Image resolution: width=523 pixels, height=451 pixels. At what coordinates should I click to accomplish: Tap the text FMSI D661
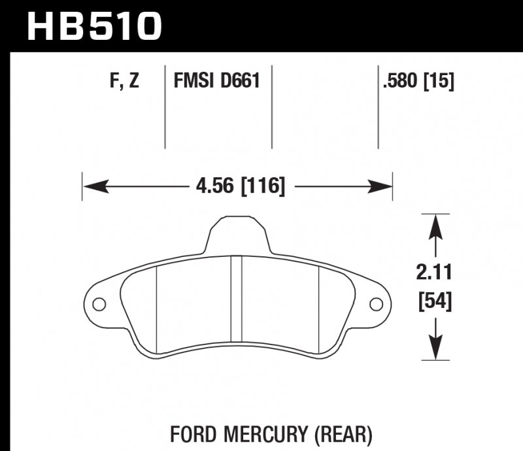coord(216,82)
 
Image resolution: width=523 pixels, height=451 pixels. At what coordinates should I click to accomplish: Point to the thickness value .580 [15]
coord(416,82)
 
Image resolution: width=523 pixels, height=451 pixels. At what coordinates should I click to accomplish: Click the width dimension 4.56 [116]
coord(240,187)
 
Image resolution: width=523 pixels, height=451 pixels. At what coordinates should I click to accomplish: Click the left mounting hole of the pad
coord(99,304)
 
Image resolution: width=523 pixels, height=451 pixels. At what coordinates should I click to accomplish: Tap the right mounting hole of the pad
coord(376,304)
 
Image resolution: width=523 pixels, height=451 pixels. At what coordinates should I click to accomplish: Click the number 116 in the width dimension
coord(263,187)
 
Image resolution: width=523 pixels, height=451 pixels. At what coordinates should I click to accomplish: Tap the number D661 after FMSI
coord(240,82)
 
